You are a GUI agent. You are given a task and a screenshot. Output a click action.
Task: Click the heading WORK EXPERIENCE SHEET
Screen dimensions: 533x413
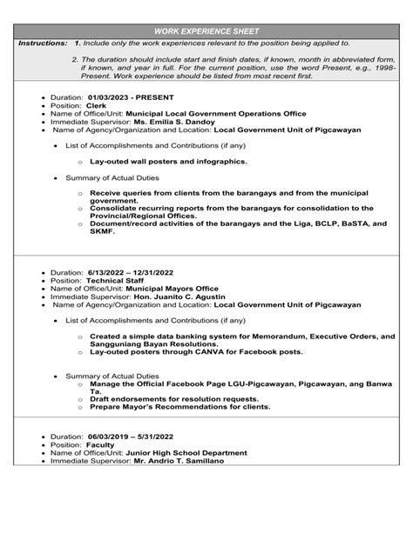(206, 31)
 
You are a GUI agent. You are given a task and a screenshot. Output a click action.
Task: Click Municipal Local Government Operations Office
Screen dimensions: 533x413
(216, 113)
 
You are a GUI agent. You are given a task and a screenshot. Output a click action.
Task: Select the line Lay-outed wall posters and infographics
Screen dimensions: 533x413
(168, 162)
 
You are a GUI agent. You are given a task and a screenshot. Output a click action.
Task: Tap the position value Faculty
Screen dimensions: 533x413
(100, 444)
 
